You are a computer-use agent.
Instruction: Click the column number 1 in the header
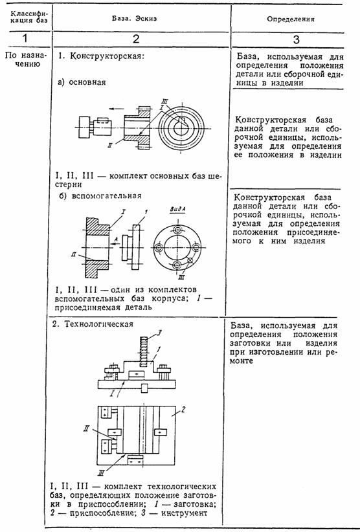(25, 38)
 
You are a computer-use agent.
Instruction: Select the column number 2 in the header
(136, 39)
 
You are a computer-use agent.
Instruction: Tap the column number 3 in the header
(296, 39)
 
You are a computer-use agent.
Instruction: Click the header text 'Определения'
(291, 19)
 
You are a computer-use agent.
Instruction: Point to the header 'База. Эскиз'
(135, 18)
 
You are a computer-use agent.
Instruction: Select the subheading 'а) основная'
(82, 82)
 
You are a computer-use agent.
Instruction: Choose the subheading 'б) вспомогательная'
(100, 196)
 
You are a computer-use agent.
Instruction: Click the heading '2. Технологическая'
(93, 324)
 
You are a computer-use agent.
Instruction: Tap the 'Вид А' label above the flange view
(177, 210)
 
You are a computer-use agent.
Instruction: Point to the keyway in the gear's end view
(181, 121)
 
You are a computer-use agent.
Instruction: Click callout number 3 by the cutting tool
(159, 333)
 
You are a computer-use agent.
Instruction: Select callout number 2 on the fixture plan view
(183, 410)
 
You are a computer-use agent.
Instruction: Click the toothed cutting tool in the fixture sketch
(143, 351)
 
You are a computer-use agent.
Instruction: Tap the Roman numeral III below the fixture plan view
(100, 472)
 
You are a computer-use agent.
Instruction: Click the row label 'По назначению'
(26, 60)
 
